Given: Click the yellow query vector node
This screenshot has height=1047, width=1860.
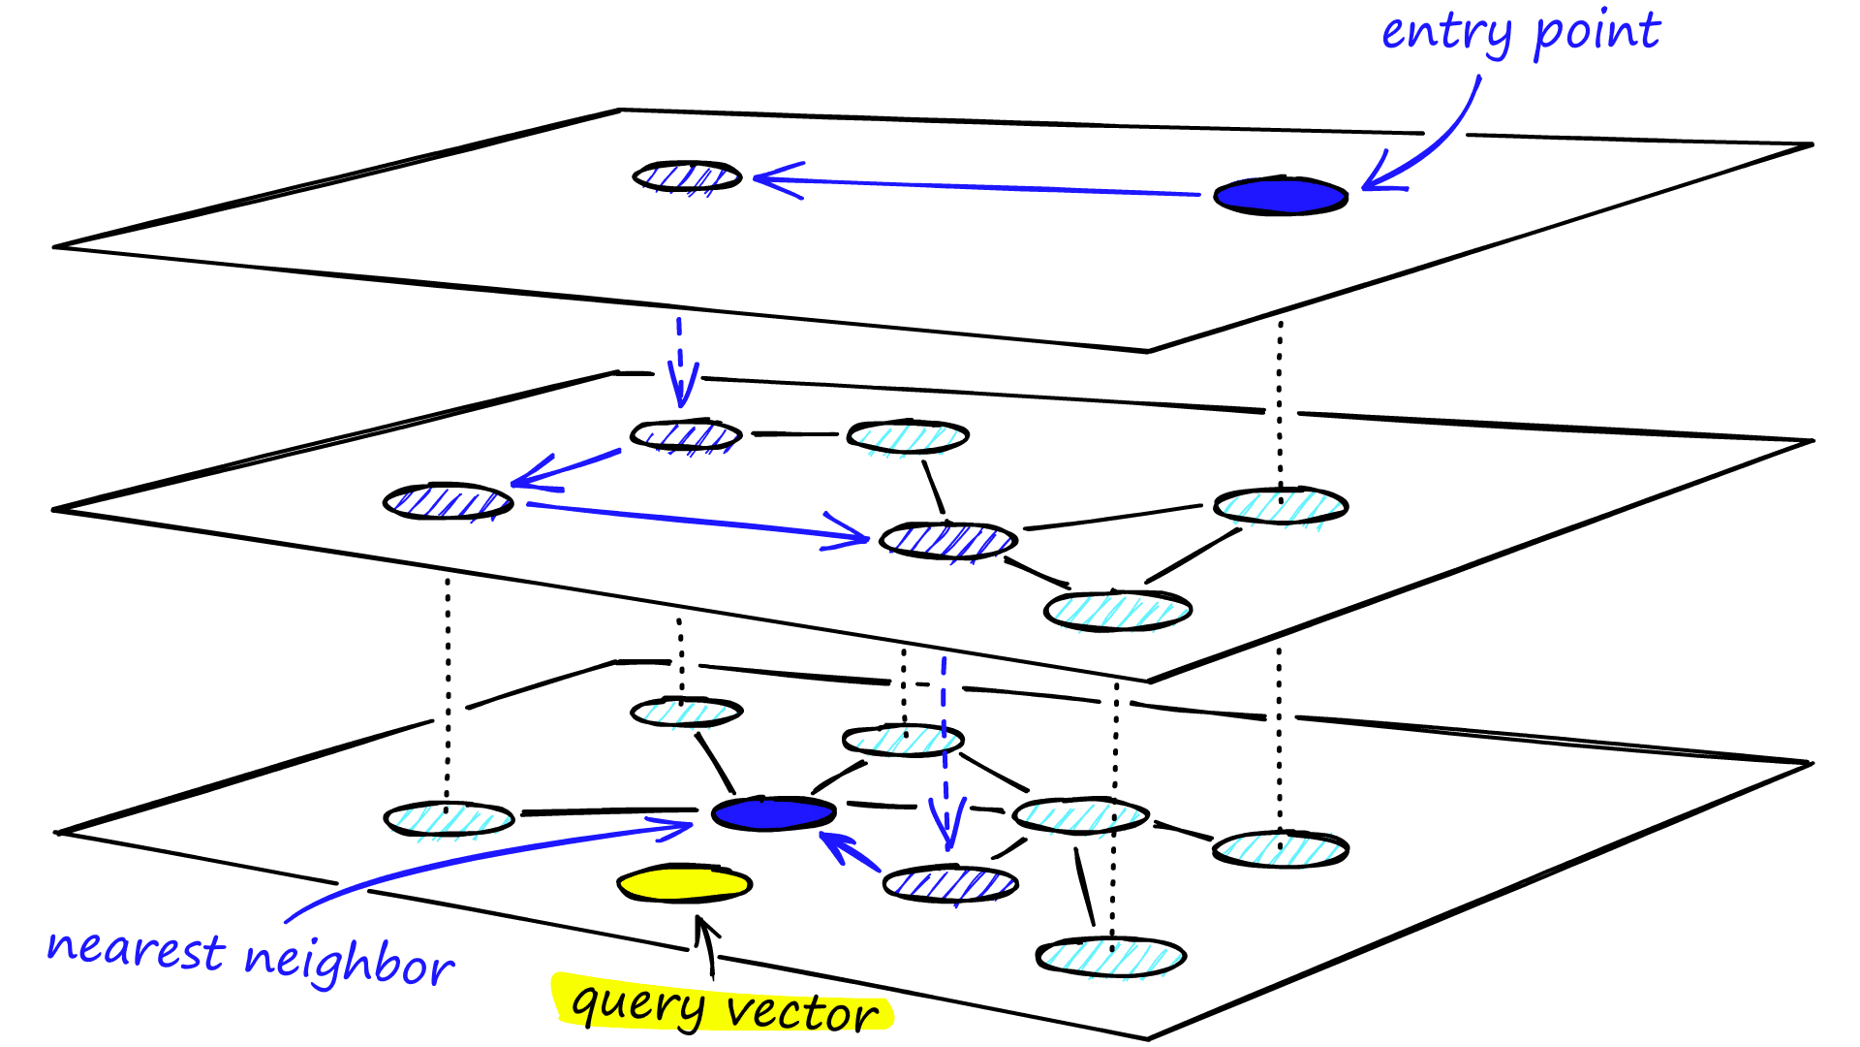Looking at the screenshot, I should [685, 883].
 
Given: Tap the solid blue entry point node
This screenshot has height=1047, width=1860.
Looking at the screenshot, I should [1281, 196].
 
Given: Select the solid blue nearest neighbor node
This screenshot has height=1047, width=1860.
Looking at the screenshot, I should [773, 813].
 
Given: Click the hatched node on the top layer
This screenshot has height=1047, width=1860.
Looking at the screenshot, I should [687, 176].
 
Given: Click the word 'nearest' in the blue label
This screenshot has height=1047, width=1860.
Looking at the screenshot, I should [136, 949].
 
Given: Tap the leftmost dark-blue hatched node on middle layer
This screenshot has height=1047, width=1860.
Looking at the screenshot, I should [447, 501].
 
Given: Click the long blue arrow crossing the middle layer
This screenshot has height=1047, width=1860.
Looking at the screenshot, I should [697, 523].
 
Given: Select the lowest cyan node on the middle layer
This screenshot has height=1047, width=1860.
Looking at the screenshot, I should [1117, 610].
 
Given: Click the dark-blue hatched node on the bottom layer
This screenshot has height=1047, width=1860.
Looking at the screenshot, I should [950, 884].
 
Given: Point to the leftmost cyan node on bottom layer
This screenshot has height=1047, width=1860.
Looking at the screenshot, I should [449, 819].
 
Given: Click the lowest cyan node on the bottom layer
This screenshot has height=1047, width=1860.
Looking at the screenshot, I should [1110, 957].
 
